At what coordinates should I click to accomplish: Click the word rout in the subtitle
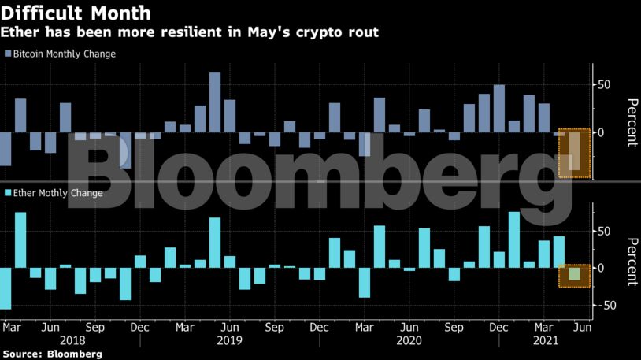tap(361, 32)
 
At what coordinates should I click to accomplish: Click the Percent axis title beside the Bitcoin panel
tap(631, 123)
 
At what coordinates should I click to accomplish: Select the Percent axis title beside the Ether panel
tap(631, 261)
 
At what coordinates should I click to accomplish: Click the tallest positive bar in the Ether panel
tap(514, 239)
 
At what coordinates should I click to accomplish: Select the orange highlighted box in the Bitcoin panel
tap(574, 153)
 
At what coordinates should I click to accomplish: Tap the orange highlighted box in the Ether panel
tap(574, 276)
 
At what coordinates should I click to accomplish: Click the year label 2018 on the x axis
tap(72, 341)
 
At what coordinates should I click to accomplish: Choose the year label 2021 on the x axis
tap(545, 341)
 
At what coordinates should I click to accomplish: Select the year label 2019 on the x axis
tap(229, 341)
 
